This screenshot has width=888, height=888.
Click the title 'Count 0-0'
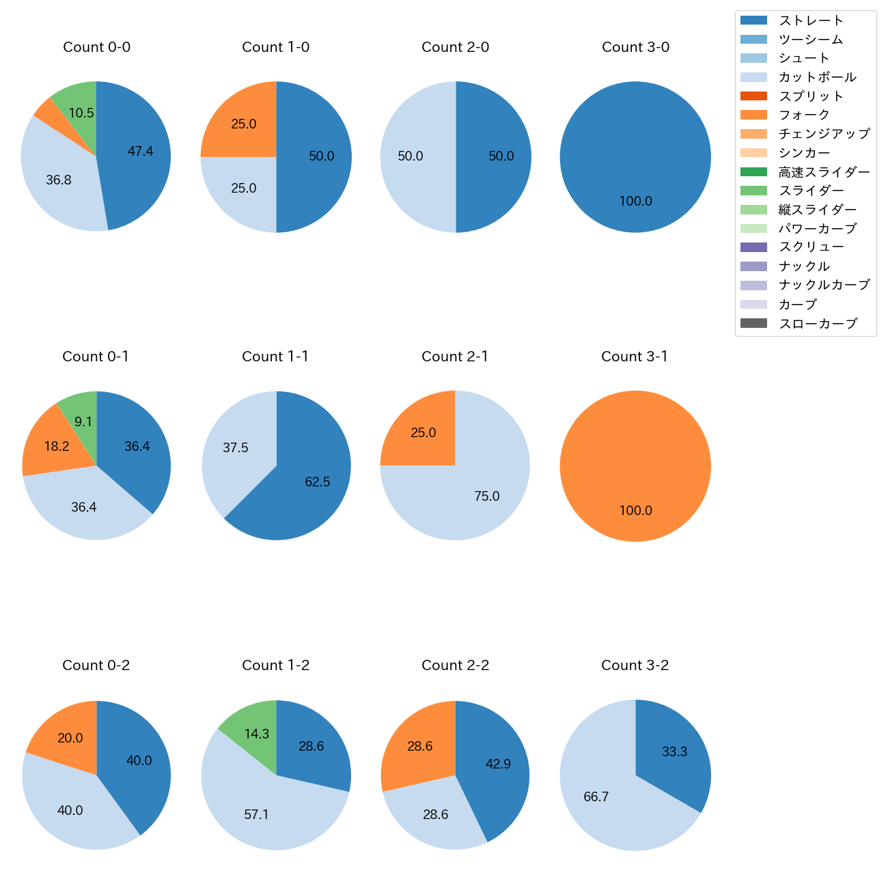click(96, 47)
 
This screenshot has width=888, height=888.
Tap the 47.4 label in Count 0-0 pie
click(140, 152)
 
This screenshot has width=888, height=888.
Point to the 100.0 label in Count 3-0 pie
click(635, 202)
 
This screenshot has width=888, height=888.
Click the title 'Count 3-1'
click(635, 357)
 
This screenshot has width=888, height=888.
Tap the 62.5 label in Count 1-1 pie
click(318, 482)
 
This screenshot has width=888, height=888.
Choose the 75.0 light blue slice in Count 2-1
click(478, 495)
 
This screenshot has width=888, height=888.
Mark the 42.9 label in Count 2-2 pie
click(498, 764)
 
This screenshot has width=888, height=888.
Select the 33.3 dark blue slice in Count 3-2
click(673, 751)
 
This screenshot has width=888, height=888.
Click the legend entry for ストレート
click(811, 20)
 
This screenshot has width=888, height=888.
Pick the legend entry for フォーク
click(804, 115)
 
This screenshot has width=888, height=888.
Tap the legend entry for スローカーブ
click(818, 324)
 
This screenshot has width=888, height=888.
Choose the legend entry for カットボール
click(817, 77)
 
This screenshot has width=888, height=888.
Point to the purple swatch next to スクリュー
click(753, 247)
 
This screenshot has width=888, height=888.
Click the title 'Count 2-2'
click(455, 665)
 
